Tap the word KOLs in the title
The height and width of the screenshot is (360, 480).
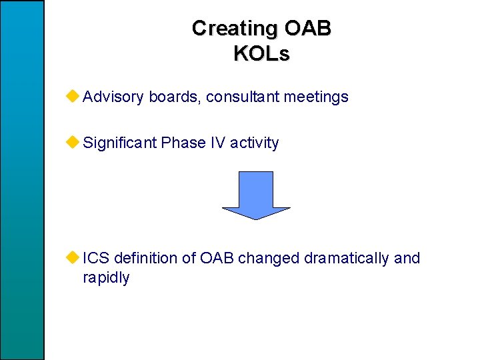[261, 53]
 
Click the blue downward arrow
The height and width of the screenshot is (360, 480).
[256, 195]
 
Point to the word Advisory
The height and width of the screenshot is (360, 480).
[113, 97]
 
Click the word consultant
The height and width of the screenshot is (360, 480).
[243, 97]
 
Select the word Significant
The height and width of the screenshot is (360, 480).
[120, 143]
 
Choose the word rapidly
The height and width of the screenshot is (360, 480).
[106, 277]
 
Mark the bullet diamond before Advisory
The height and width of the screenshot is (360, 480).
[73, 97]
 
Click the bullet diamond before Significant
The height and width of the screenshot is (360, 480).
[73, 142]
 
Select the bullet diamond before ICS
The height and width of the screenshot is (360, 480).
[73, 257]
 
